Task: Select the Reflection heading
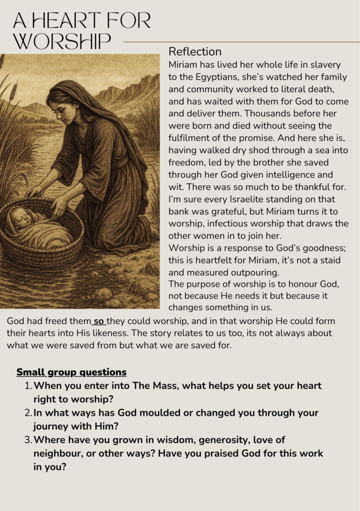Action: tap(195, 51)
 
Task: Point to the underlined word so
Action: tap(99, 321)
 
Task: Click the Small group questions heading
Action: tap(71, 372)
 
